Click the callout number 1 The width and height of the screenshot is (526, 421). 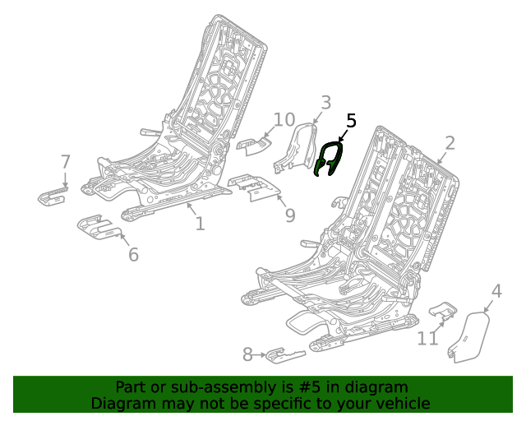point(200,223)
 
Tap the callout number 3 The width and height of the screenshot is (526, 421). point(325,103)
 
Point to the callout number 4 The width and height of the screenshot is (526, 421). point(496,291)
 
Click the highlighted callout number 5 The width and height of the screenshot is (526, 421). point(351,121)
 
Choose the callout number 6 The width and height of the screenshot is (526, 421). point(133,254)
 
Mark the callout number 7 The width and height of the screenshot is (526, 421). point(66,162)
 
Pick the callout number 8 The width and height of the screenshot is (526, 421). point(247,354)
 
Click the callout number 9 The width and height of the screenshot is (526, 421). point(289,215)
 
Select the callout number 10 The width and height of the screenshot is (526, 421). point(284,120)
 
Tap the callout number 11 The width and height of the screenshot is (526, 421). point(427,338)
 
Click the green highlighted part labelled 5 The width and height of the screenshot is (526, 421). point(329,159)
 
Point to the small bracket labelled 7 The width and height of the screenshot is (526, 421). point(53,196)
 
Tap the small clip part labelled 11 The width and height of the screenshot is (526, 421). point(445,310)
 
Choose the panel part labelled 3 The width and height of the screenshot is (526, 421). point(297,149)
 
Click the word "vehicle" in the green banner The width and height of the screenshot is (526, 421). point(400,403)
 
